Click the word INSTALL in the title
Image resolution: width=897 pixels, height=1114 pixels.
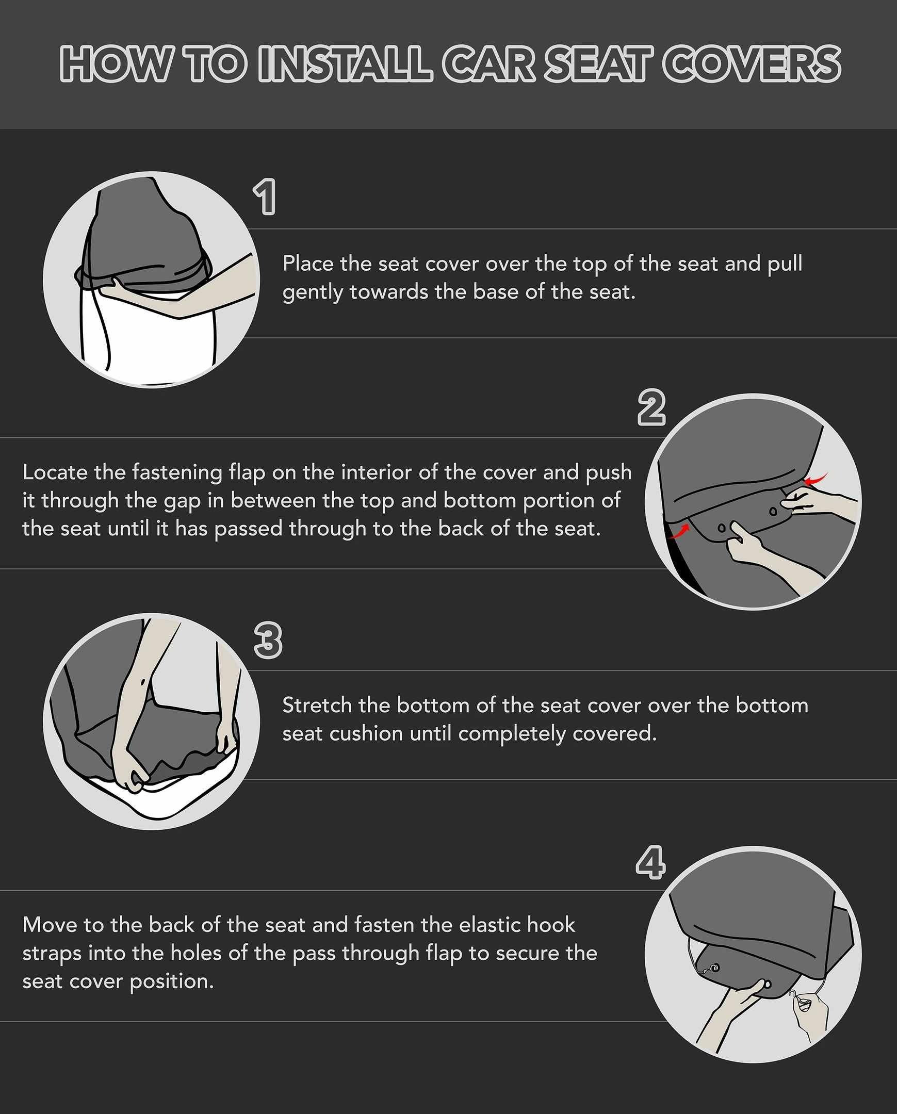345,63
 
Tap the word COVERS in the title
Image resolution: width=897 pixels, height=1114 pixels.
752,63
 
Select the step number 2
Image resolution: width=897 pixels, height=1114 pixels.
651,407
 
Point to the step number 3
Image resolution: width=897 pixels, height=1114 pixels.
268,640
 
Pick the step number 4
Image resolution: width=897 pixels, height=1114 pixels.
650,862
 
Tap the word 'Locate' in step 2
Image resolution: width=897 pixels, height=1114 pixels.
55,472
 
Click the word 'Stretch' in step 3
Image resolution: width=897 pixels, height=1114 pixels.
317,706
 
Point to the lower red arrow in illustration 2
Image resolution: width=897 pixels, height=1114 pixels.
679,531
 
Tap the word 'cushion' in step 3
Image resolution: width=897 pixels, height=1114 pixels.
366,734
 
